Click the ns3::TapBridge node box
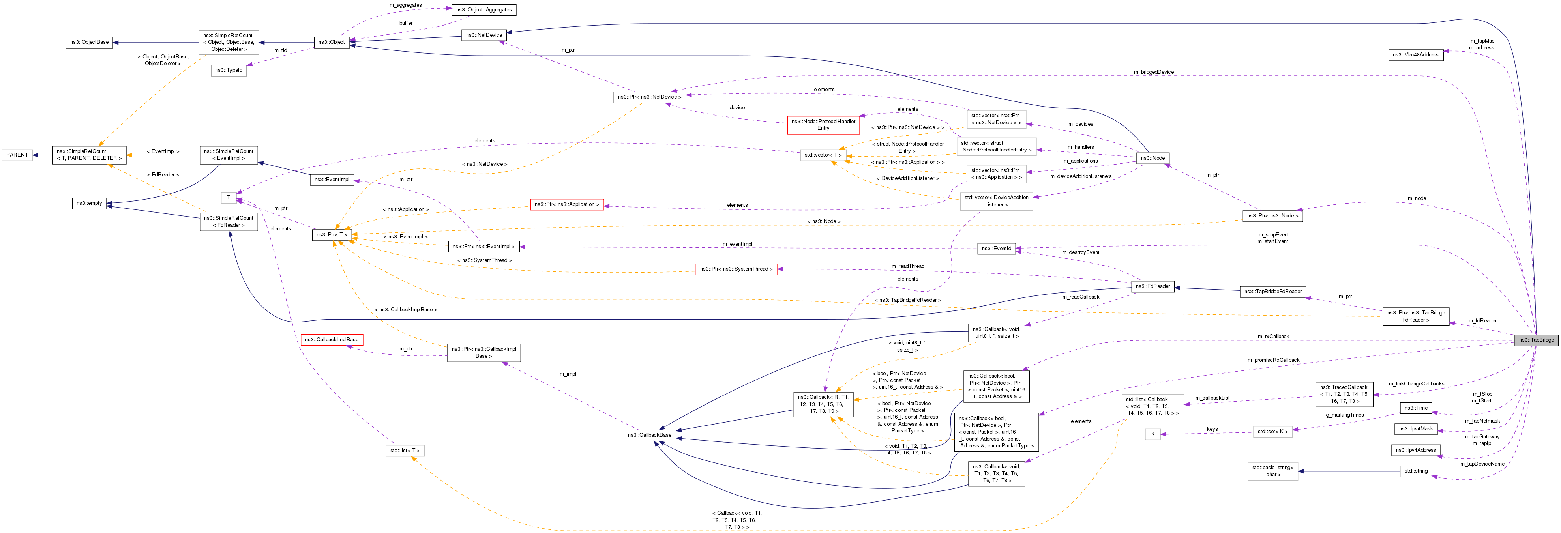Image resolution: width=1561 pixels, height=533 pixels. tap(1536, 340)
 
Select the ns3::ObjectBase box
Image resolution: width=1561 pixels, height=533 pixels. tap(89, 42)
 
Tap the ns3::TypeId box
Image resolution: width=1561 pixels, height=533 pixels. tap(229, 70)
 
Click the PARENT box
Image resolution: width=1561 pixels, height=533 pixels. tap(17, 155)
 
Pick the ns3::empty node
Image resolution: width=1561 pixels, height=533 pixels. tap(89, 203)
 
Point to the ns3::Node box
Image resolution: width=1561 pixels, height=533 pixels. tap(1152, 158)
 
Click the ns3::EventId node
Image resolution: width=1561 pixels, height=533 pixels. tap(996, 248)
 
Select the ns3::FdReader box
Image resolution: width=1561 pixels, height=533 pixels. tap(1152, 286)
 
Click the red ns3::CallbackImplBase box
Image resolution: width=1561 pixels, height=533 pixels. tap(332, 340)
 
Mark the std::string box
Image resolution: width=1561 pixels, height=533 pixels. tap(1416, 471)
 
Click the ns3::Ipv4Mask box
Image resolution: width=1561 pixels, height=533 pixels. tap(1416, 429)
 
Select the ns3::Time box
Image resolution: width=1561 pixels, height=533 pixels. tap(1416, 408)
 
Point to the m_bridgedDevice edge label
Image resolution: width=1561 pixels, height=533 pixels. tap(1153, 72)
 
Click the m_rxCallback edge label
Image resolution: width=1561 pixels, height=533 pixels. tap(1273, 336)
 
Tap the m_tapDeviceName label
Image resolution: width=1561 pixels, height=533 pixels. tap(1482, 464)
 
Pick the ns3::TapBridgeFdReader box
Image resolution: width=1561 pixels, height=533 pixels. tap(1272, 291)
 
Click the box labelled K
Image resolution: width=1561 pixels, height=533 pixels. tap(1152, 434)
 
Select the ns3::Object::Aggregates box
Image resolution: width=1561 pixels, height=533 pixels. tap(483, 10)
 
